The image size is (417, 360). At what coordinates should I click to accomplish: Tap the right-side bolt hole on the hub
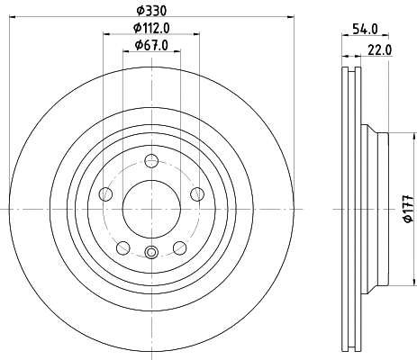pos(197,193)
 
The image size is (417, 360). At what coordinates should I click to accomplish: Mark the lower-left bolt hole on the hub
pos(123,247)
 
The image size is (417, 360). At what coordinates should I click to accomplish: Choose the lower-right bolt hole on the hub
pos(180,247)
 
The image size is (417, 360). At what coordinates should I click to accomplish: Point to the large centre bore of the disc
pos(151,208)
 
